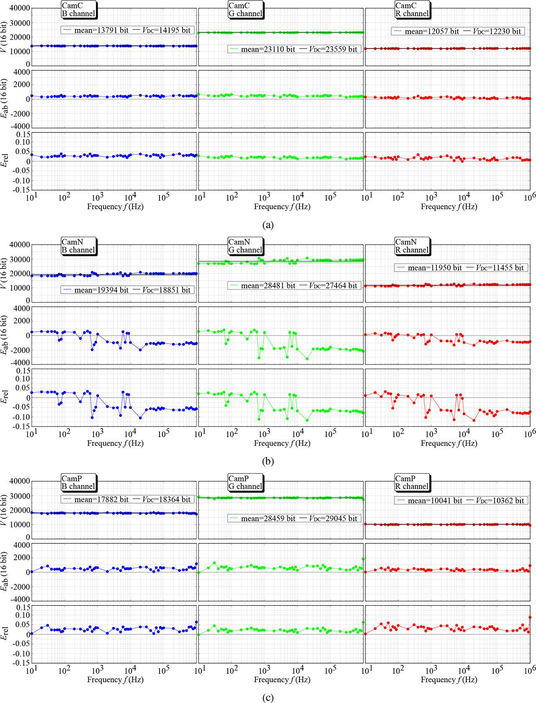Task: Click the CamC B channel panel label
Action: point(78,9)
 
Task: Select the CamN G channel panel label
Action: point(245,246)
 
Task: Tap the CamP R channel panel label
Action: point(412,482)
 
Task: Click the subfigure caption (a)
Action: point(268,225)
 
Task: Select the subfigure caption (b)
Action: point(268,462)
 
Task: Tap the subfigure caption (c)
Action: point(268,698)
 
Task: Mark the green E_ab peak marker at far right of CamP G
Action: point(363,559)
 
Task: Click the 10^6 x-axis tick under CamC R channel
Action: point(529,197)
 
